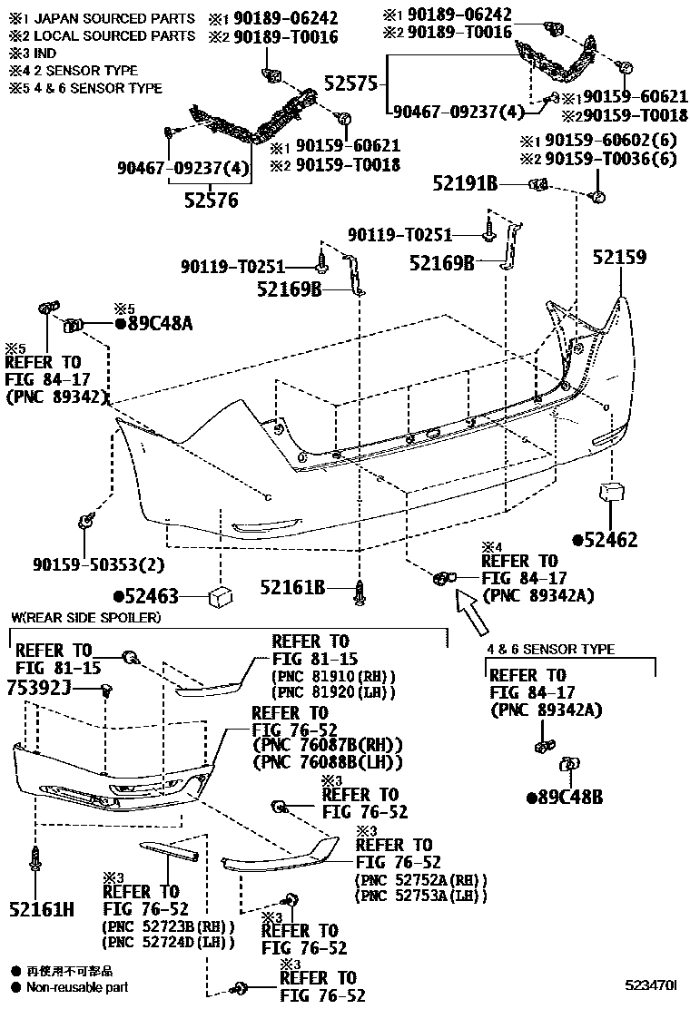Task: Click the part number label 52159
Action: point(620,257)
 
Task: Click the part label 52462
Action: point(605,540)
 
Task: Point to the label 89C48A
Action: point(155,324)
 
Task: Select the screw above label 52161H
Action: point(37,857)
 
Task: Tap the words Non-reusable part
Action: point(77,988)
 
